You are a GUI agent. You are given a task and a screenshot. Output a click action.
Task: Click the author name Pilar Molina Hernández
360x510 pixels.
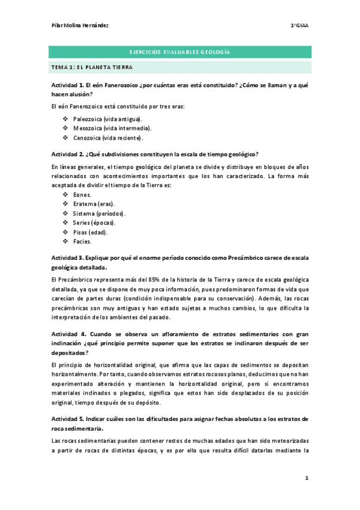point(81,25)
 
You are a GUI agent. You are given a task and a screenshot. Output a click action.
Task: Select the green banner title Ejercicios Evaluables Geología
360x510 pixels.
point(180,53)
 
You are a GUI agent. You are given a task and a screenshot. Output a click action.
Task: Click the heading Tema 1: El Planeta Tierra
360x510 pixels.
point(91,67)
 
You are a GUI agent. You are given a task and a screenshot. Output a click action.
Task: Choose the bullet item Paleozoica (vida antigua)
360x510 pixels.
point(108,119)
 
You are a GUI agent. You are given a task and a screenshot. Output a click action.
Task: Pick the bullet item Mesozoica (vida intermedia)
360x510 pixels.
point(112,128)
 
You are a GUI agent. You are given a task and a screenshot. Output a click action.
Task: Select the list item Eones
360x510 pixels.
point(82,195)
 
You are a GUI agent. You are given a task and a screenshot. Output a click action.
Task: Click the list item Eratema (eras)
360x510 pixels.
point(94,204)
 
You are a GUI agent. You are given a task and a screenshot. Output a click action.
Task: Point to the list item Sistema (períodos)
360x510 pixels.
point(99,214)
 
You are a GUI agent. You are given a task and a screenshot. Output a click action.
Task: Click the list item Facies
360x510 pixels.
point(82,241)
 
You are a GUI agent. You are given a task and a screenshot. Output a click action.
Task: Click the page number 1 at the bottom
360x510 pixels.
point(307,478)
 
